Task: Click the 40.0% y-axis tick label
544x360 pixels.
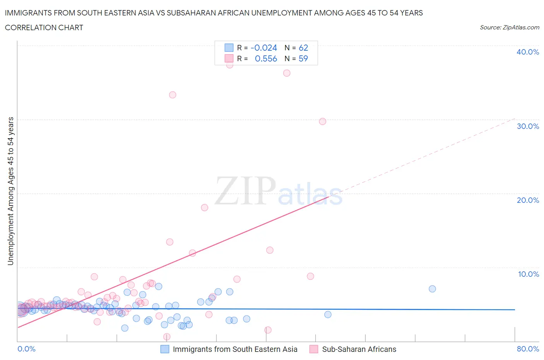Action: click(527, 52)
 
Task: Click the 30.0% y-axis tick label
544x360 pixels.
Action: click(527, 126)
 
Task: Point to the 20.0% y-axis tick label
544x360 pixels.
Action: click(527, 200)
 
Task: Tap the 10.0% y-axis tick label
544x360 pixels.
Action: click(528, 274)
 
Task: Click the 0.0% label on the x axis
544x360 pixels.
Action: click(26, 349)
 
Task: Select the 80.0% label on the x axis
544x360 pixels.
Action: click(528, 349)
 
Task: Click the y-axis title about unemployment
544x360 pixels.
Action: click(10, 191)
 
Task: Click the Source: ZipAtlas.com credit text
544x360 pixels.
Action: click(509, 27)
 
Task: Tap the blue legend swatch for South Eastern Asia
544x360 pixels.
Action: click(165, 349)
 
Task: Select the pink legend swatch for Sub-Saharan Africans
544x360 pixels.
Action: click(314, 349)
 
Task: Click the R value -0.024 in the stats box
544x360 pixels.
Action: click(264, 48)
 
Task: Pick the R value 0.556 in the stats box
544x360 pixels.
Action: click(266, 58)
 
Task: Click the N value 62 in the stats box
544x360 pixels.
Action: click(303, 48)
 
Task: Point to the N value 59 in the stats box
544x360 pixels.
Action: click(303, 58)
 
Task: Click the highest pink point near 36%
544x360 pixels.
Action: click(287, 73)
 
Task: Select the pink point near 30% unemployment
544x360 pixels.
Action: click(322, 122)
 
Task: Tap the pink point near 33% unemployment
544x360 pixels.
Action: click(173, 95)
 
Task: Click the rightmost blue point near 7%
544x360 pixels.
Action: click(432, 289)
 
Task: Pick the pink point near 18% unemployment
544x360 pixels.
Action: click(204, 207)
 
